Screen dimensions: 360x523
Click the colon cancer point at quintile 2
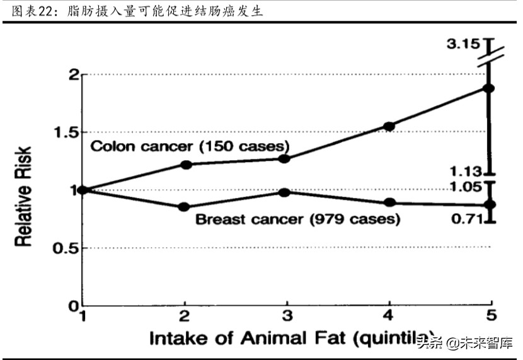click(x=186, y=165)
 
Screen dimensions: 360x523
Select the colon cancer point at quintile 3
click(x=284, y=158)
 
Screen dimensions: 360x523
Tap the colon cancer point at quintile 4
click(x=389, y=126)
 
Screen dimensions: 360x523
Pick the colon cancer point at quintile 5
click(x=490, y=88)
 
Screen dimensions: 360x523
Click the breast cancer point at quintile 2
click(x=185, y=207)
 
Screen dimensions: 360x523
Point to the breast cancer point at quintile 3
click(x=284, y=192)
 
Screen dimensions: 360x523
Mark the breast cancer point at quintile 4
click(x=389, y=202)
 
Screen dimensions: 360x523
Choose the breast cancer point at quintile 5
click(x=490, y=204)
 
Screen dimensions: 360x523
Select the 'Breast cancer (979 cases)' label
click(x=297, y=220)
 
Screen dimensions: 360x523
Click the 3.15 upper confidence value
click(x=464, y=45)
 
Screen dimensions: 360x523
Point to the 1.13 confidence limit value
click(x=467, y=171)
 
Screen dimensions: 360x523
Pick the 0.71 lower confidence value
click(x=467, y=219)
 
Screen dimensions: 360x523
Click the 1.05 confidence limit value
click(x=467, y=186)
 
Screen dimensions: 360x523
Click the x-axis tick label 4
click(x=389, y=316)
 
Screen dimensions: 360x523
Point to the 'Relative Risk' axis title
click(x=24, y=189)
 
